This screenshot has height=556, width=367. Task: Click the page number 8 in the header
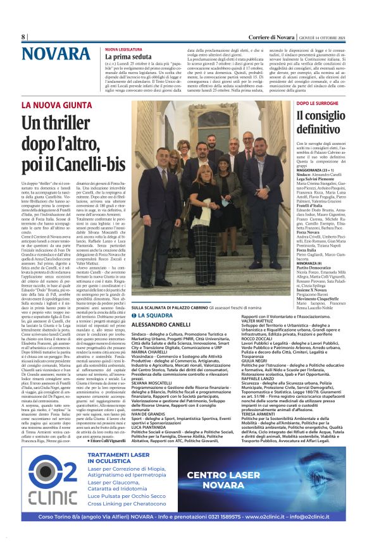pyautogui.click(x=23, y=37)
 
